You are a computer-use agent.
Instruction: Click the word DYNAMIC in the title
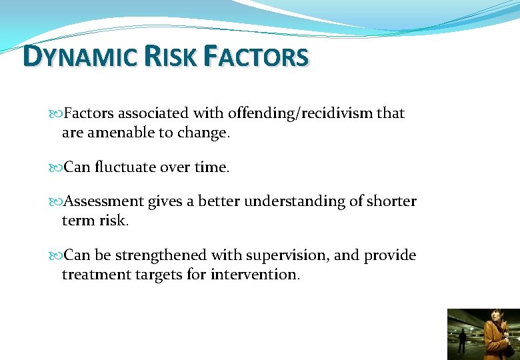pyautogui.click(x=80, y=57)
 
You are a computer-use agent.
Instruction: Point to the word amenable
pyautogui.click(x=121, y=133)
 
